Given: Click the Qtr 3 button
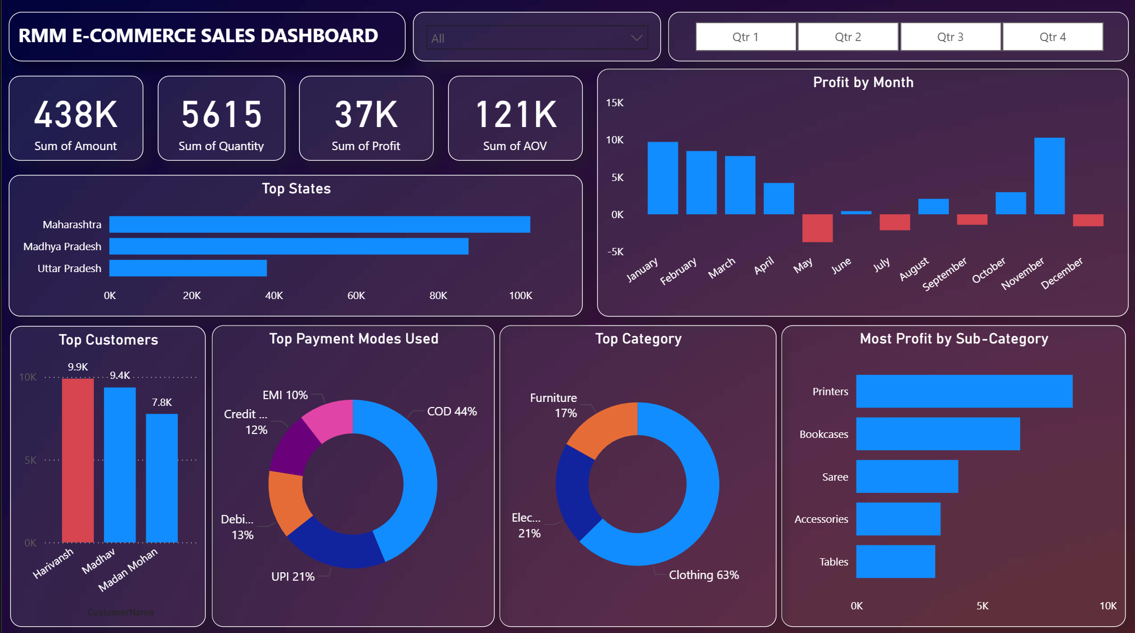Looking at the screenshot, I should [x=950, y=37].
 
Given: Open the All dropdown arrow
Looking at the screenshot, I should [x=636, y=38].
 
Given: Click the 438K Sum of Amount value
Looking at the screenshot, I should [x=76, y=115].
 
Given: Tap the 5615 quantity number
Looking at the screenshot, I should [x=222, y=115].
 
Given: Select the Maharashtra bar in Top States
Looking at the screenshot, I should [x=319, y=224].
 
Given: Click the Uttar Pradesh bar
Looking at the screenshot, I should [x=188, y=268].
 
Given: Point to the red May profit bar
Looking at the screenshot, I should [x=817, y=228].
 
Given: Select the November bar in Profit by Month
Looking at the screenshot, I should [x=1049, y=176].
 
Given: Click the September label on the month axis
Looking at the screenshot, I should [x=944, y=274].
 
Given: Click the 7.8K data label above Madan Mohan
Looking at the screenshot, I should [x=162, y=403].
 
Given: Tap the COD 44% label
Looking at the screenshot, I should [x=452, y=412].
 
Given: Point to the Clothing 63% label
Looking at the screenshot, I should [x=704, y=575].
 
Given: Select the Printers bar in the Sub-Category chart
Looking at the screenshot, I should [x=964, y=391].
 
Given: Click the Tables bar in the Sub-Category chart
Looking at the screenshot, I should [x=895, y=562].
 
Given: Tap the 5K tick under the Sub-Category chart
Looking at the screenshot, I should [x=982, y=606].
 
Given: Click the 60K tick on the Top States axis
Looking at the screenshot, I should [x=356, y=296].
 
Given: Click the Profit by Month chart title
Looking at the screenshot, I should [x=863, y=83].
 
